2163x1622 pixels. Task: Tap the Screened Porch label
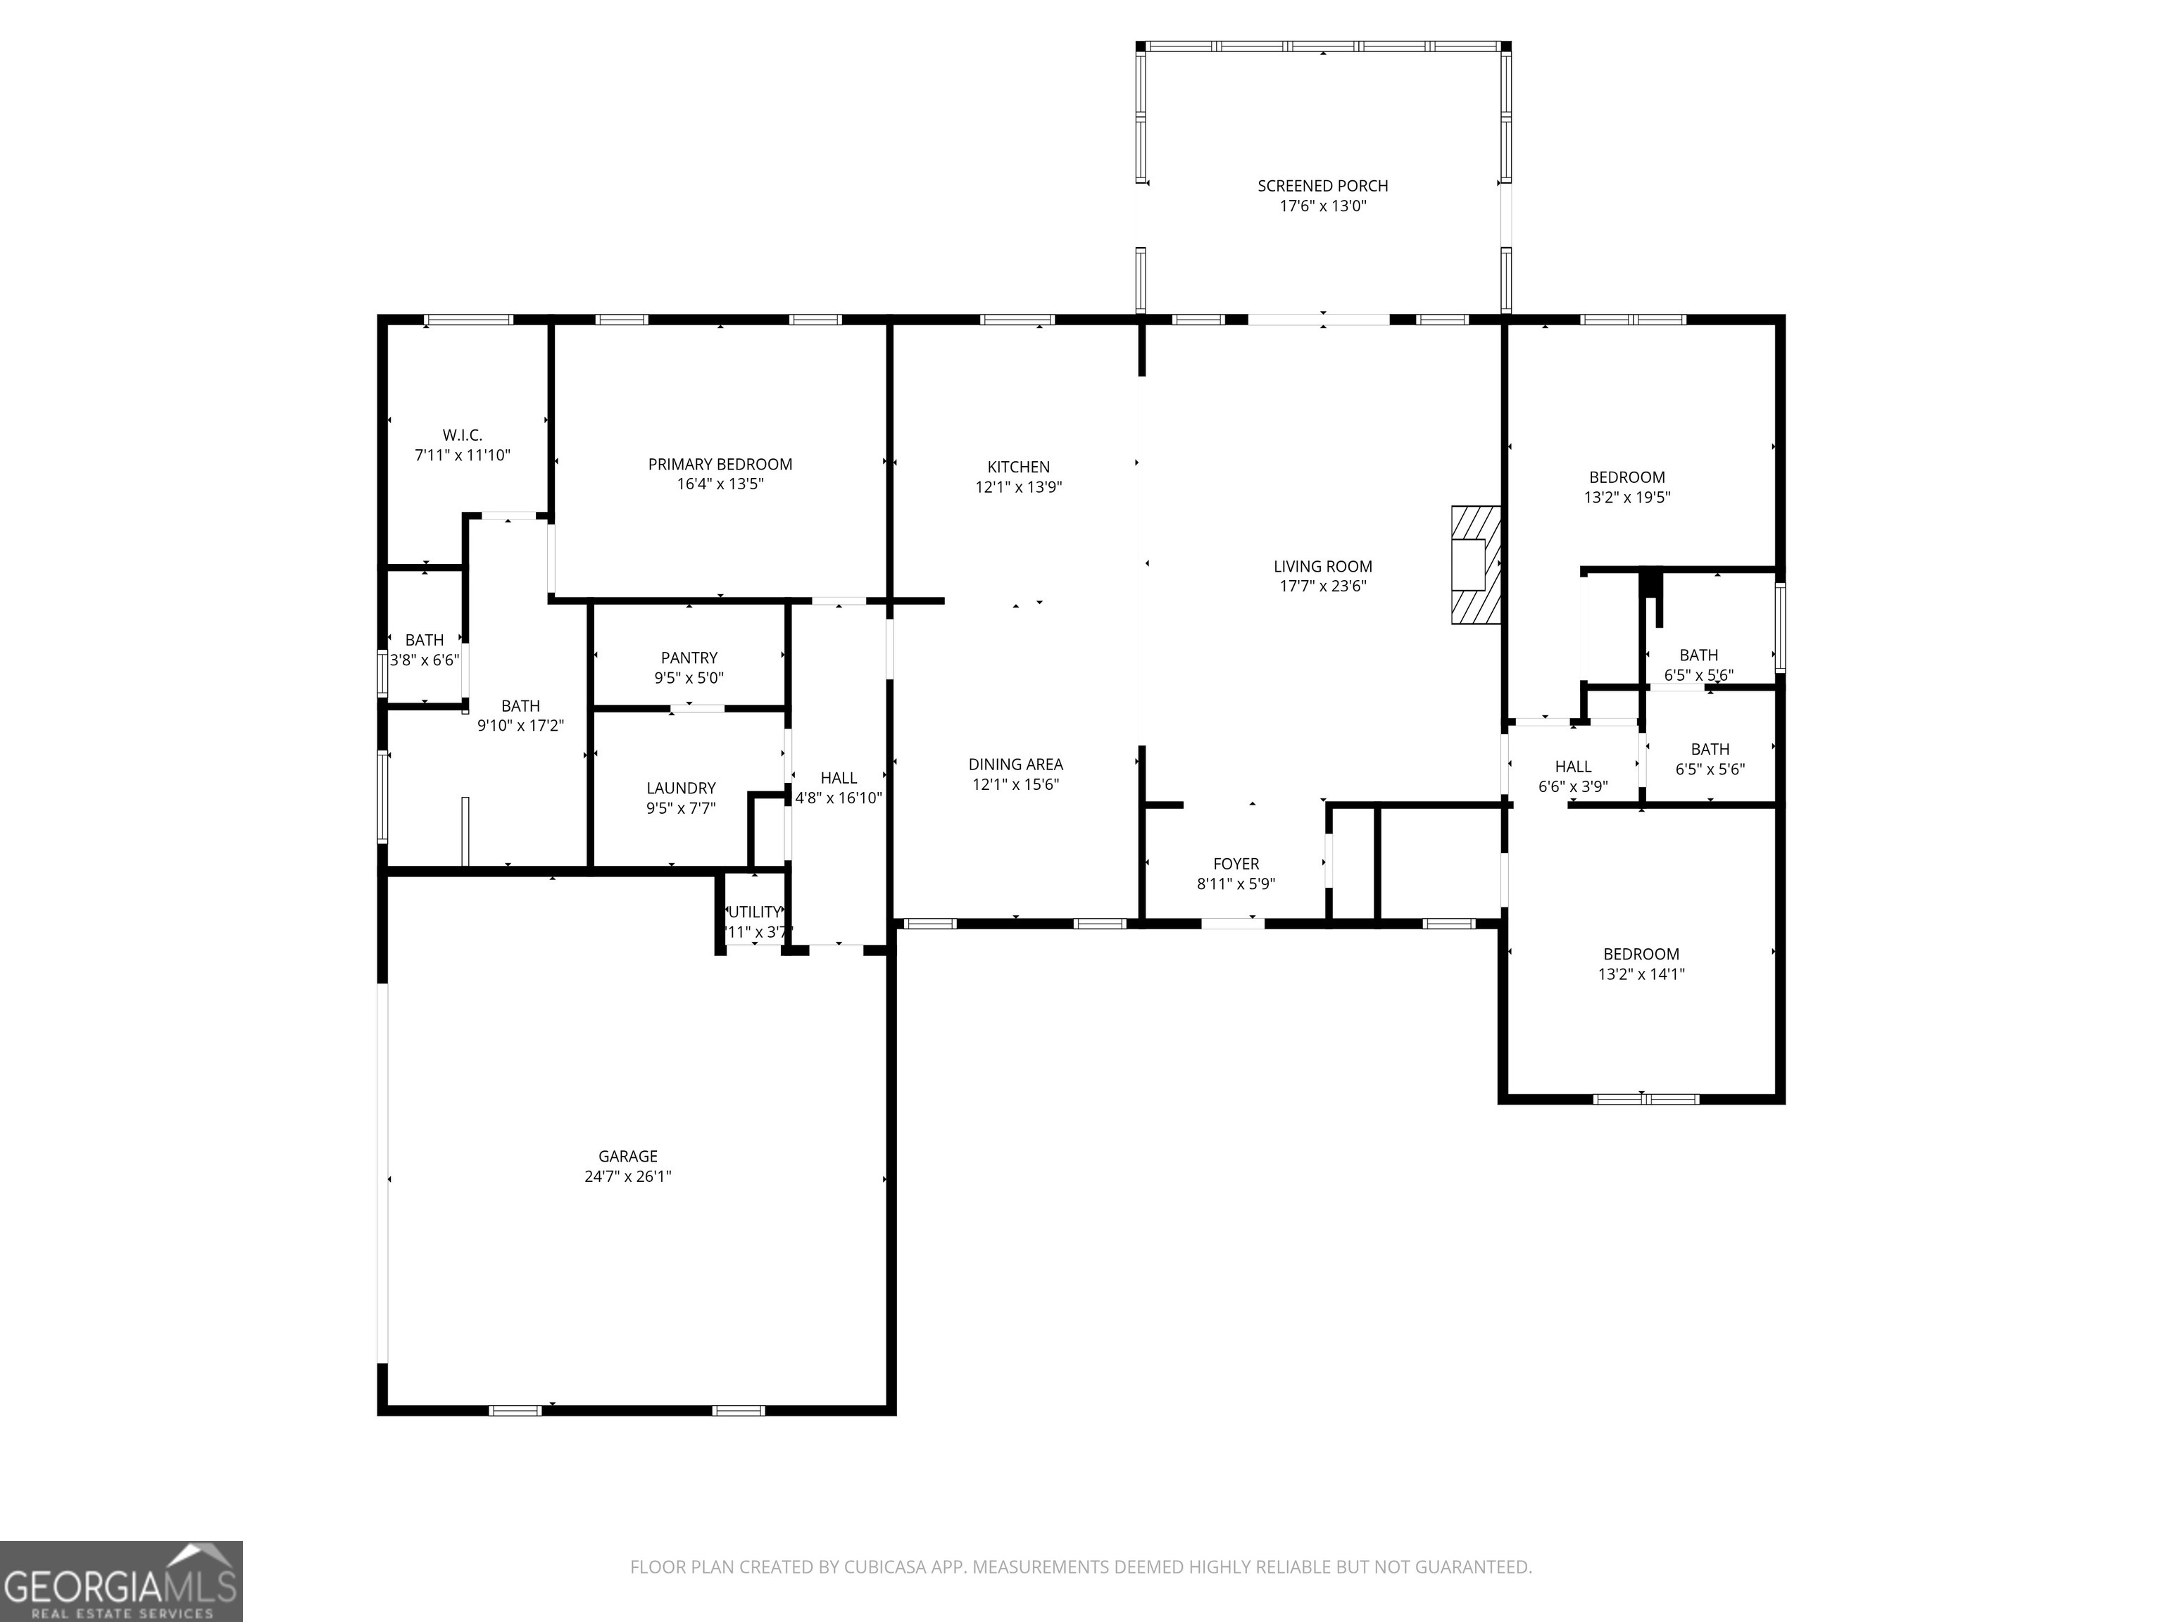coord(1322,186)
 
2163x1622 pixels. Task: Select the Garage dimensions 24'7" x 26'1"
coord(628,1176)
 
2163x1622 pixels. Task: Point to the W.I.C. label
coord(463,435)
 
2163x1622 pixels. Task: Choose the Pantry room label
coord(689,658)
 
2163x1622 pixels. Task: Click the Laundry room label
coord(681,788)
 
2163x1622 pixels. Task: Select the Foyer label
coord(1236,865)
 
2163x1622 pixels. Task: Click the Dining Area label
coord(1015,765)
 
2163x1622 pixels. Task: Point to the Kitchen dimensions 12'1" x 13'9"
coord(1018,487)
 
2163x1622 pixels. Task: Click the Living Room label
coord(1322,566)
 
